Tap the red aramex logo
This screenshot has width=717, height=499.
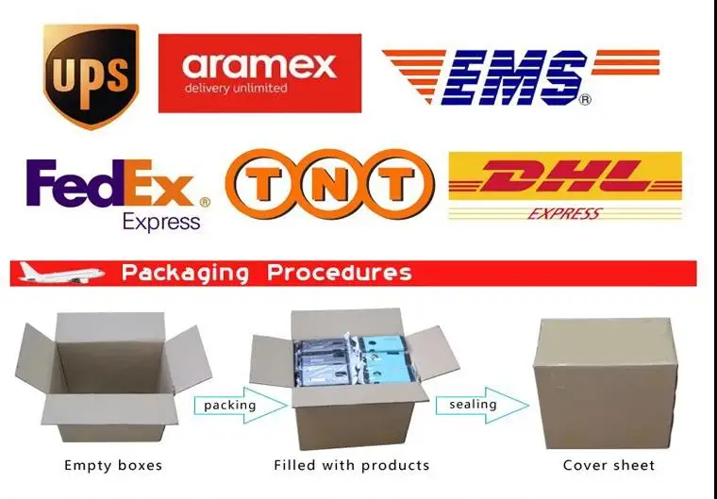(259, 74)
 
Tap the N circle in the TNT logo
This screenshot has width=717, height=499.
(329, 185)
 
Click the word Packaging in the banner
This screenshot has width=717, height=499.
(186, 274)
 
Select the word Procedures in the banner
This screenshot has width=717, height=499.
(340, 274)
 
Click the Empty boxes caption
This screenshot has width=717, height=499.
(113, 465)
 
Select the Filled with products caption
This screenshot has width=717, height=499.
(351, 465)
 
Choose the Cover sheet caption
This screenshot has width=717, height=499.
(609, 465)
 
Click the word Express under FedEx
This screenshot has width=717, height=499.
(161, 221)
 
